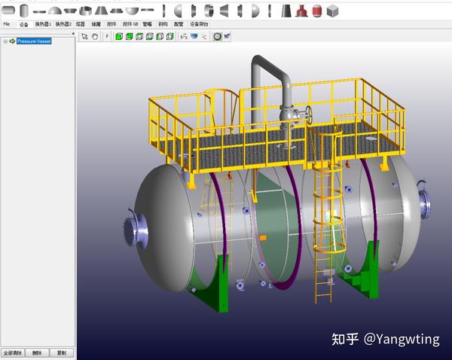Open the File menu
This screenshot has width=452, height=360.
pyautogui.click(x=7, y=24)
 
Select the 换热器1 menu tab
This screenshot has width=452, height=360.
pyautogui.click(x=44, y=24)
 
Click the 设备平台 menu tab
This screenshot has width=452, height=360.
pyautogui.click(x=200, y=24)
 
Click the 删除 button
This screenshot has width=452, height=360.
pyautogui.click(x=38, y=352)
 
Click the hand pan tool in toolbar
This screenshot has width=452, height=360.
pyautogui.click(x=95, y=35)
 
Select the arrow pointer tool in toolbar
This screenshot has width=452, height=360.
pyautogui.click(x=84, y=35)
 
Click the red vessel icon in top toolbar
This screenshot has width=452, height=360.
pyautogui.click(x=302, y=11)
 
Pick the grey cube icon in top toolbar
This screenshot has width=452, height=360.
pyautogui.click(x=332, y=11)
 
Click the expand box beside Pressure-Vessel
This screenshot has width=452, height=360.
pyautogui.click(x=5, y=41)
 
